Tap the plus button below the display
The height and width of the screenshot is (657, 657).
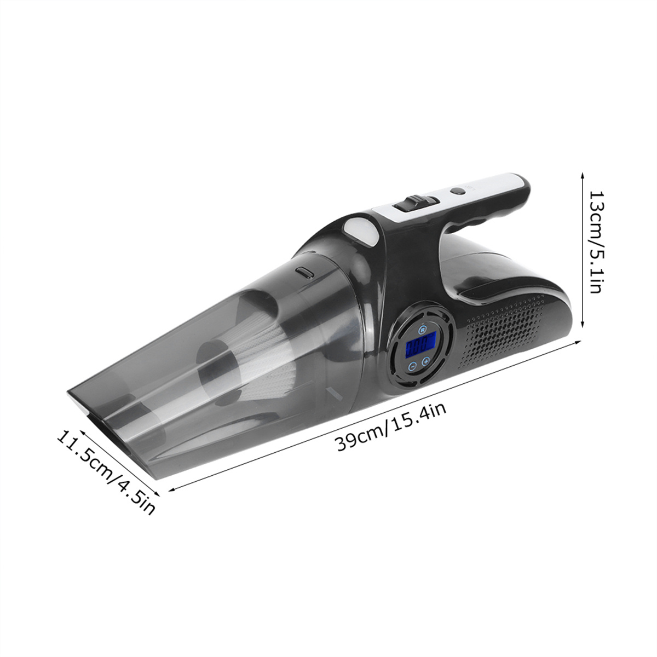point(425,362)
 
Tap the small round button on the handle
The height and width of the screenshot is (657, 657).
point(457,191)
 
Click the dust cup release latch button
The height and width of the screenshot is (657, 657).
point(305,273)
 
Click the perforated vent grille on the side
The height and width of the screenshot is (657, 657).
point(501,331)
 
